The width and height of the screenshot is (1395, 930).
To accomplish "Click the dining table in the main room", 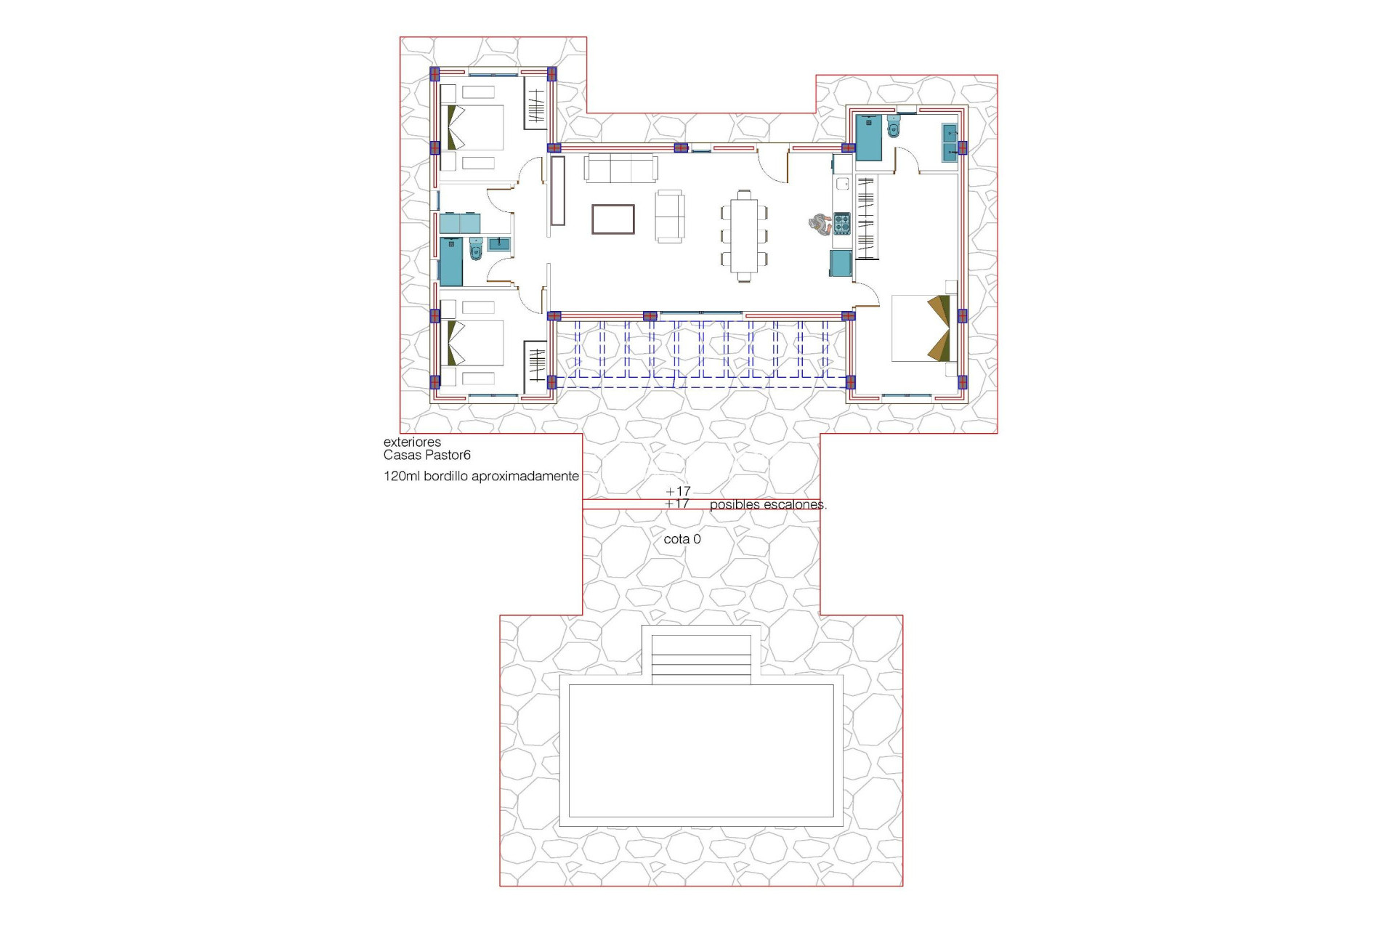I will point(744,235).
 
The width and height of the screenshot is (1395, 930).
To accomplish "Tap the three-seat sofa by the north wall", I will point(621,168).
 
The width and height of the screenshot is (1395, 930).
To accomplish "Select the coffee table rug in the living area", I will point(612,219).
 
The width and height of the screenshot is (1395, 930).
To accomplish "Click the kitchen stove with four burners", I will point(841,223).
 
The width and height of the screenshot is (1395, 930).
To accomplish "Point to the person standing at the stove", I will point(820,224).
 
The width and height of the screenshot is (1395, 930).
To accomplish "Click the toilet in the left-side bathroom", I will point(476,249).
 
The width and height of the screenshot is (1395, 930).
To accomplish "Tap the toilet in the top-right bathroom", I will point(894,127).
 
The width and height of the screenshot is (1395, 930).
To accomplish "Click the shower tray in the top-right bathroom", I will point(869,137).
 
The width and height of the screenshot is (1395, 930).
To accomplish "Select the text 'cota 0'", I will point(682,539).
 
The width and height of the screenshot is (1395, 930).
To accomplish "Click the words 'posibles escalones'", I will point(767,504).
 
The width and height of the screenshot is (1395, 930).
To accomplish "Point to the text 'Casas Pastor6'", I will point(427,456).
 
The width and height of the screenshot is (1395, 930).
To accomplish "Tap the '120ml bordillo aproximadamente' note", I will point(481,477).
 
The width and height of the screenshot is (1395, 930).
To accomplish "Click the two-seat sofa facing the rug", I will point(669,216).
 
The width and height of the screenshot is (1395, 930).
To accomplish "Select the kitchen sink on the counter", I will point(842,184).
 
